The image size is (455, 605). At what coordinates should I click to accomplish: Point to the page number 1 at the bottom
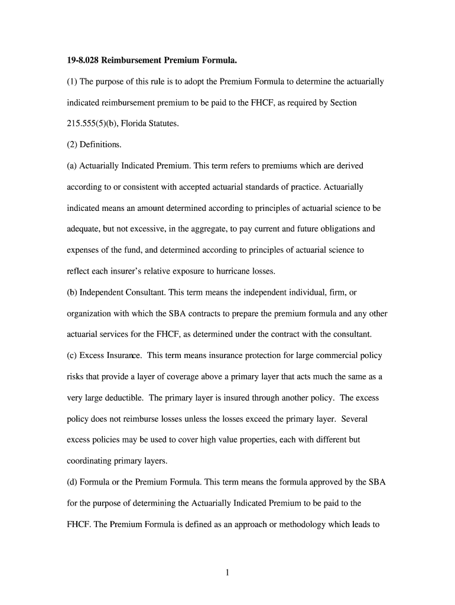pos(227,573)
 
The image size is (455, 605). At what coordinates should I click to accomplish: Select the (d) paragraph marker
pos(71,482)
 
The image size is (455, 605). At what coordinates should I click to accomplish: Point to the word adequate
pos(83,229)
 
